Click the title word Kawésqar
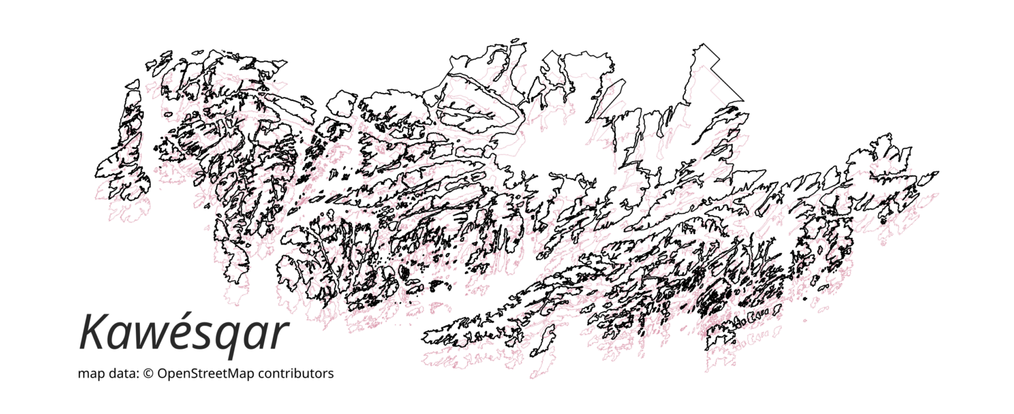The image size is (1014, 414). click(x=184, y=334)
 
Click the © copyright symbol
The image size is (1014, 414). click(x=149, y=374)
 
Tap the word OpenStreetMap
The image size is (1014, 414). click(x=206, y=374)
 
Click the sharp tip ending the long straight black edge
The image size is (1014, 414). click(x=744, y=101)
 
